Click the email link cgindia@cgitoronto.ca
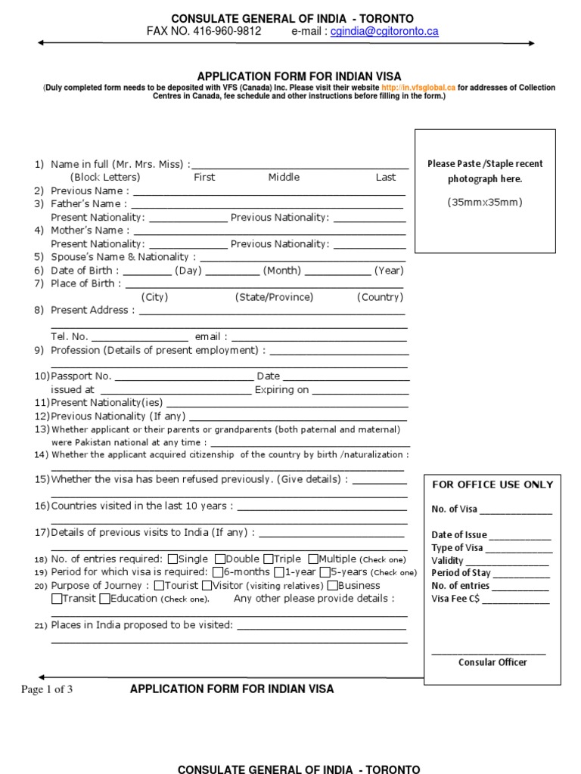click(384, 32)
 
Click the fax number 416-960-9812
click(228, 32)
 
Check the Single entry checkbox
click(172, 559)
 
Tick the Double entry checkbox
click(220, 559)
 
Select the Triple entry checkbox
click(269, 559)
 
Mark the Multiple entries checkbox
click(314, 559)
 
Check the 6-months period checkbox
click(218, 572)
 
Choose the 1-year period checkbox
click(279, 572)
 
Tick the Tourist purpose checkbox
click(159, 586)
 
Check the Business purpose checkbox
click(333, 586)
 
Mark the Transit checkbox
click(57, 599)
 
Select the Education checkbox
click(104, 599)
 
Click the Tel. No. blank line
click(140, 337)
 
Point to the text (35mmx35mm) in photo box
click(484, 202)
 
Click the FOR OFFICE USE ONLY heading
click(492, 485)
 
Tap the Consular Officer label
click(492, 662)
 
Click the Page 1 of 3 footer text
click(48, 689)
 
